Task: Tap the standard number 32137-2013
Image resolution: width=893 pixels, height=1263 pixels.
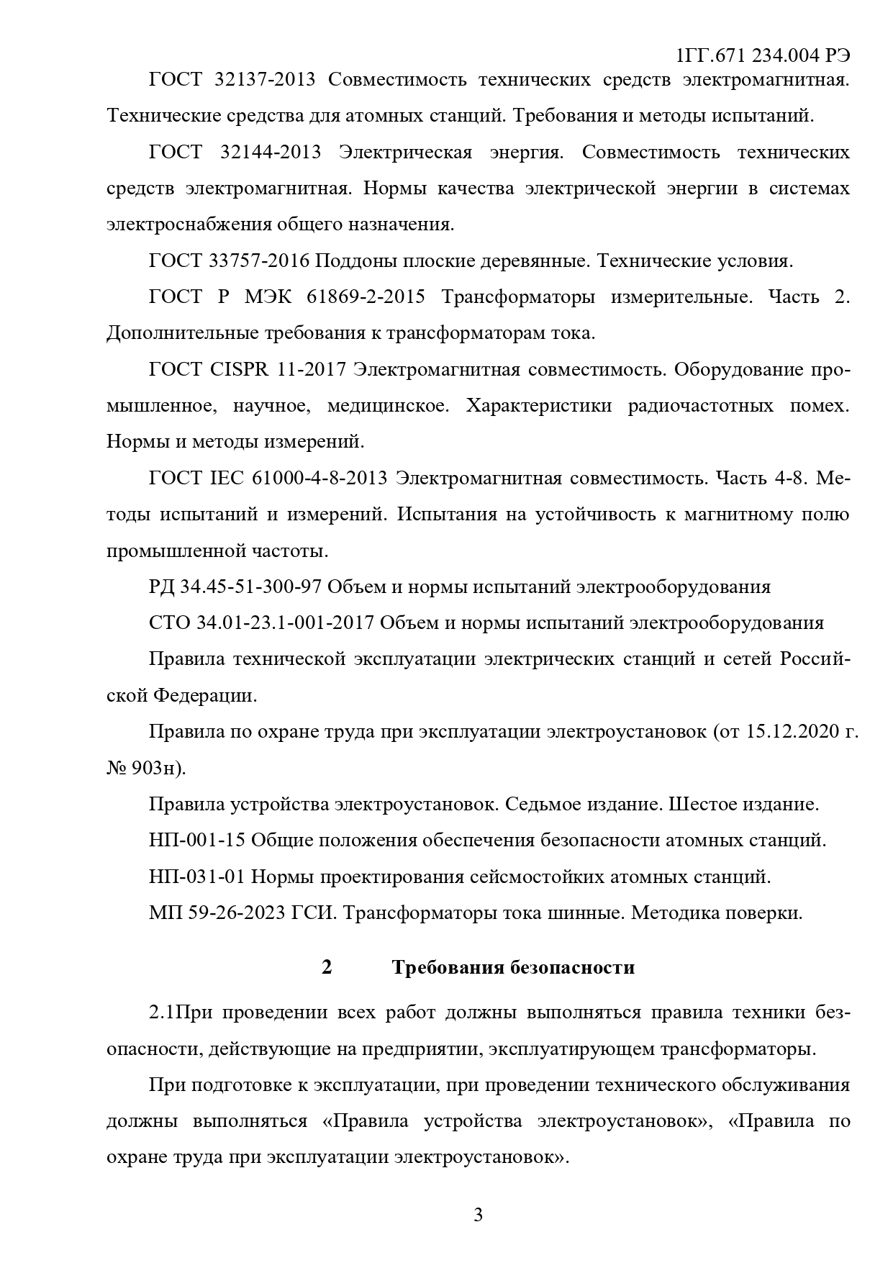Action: tap(265, 79)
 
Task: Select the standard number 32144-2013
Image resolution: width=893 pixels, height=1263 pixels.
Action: tap(270, 152)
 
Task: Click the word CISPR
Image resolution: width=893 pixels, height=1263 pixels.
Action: tap(240, 369)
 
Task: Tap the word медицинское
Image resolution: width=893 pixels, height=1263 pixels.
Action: tap(388, 405)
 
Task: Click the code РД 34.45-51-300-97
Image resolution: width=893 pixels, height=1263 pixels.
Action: tap(235, 587)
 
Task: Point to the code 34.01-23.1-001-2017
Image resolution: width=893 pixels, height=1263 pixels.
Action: tap(285, 623)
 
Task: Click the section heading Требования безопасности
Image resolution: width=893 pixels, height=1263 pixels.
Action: tap(513, 967)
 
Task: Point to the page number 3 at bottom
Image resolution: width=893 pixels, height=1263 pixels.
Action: tap(479, 1216)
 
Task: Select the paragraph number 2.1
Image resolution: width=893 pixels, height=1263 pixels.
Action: tap(162, 1013)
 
